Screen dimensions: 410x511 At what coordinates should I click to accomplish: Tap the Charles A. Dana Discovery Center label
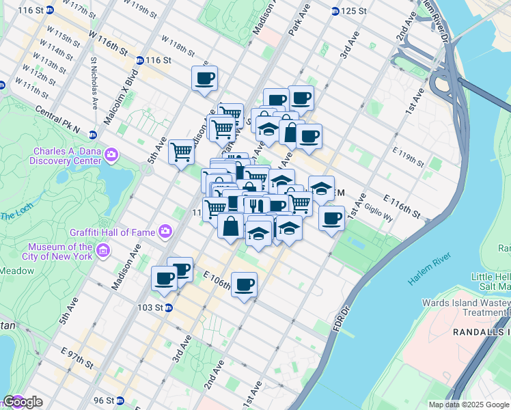coord(66,156)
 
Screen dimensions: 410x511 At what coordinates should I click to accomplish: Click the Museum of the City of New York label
coord(60,251)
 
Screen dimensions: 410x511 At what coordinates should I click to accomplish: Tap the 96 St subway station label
coord(108,400)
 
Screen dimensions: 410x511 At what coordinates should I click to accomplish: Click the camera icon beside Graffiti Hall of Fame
coord(165,231)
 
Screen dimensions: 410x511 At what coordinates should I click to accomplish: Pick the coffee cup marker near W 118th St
coord(204,79)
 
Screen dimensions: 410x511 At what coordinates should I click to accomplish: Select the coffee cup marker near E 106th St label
coord(244,284)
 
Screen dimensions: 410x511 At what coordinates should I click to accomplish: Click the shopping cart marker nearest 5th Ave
coord(182,150)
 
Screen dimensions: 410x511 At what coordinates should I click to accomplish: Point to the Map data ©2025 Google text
coord(469,405)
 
